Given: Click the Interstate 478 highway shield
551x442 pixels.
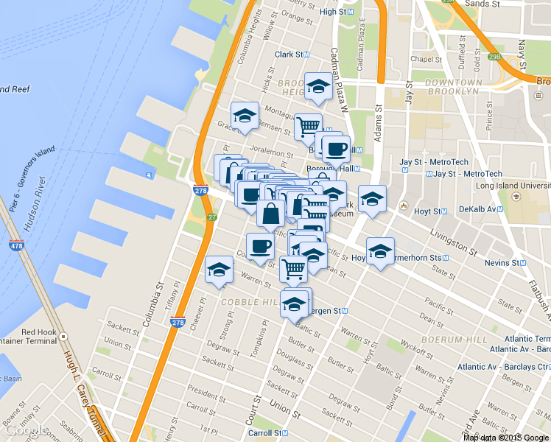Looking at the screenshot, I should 15,245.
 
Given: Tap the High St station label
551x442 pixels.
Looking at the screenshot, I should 338,12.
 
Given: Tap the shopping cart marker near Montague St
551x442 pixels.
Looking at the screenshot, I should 308,126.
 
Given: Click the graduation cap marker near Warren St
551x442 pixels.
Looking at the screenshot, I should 219,270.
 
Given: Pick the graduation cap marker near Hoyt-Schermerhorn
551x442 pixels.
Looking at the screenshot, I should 380,250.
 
